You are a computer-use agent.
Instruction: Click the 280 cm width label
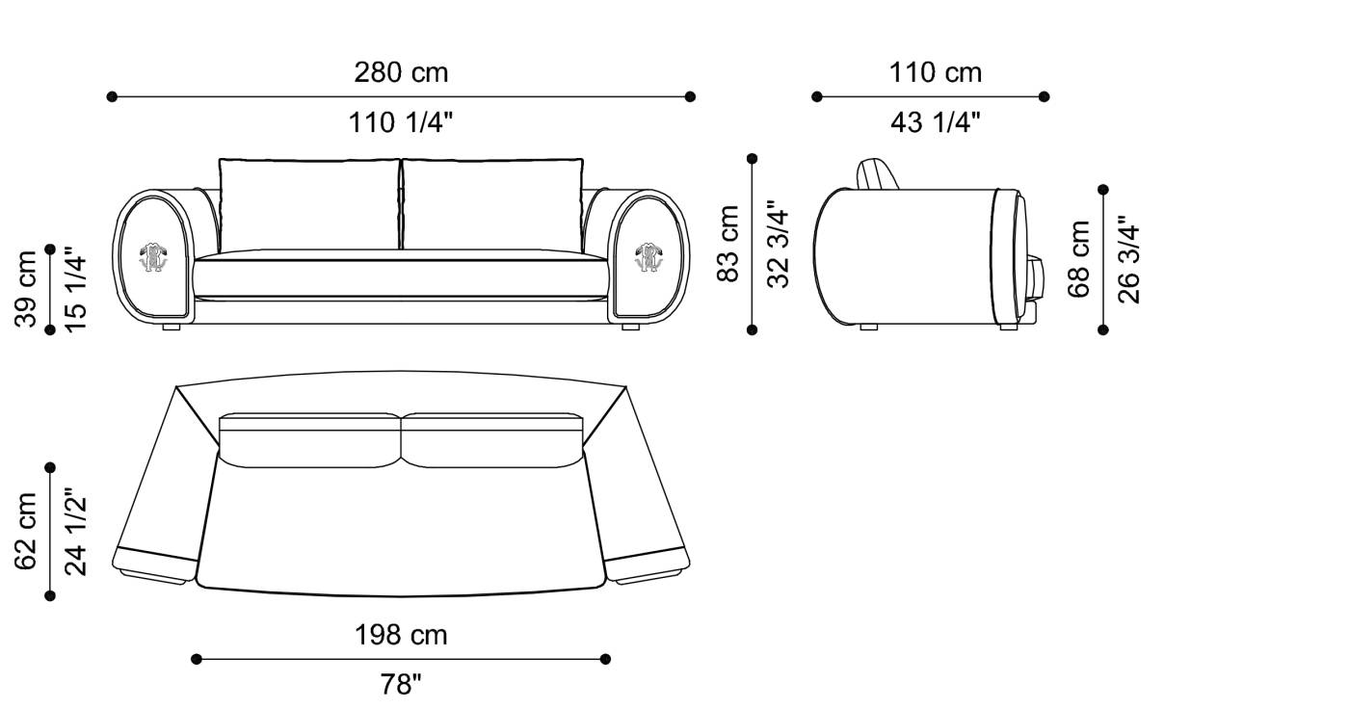[x=401, y=72]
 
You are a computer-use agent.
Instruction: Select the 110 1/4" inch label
[x=401, y=122]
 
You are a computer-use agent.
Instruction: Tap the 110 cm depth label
[x=935, y=72]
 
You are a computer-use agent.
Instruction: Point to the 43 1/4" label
[x=935, y=122]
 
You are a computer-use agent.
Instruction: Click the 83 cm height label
[x=729, y=244]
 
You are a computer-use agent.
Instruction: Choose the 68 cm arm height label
[x=1080, y=259]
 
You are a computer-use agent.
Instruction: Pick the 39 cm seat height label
[x=26, y=288]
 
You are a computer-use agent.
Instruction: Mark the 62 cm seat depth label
[x=26, y=531]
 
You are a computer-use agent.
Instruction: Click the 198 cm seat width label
[x=401, y=635]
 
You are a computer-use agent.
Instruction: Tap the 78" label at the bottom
[x=401, y=685]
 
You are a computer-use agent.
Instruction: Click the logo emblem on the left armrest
[x=152, y=255]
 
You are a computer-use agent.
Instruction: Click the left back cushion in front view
[x=309, y=205]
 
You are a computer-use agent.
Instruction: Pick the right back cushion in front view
[x=491, y=205]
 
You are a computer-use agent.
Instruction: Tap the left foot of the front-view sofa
[x=172, y=328]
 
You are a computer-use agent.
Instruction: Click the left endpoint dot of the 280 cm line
[x=112, y=96]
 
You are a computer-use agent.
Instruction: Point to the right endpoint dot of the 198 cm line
[x=605, y=659]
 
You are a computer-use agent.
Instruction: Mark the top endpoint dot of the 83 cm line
[x=753, y=159]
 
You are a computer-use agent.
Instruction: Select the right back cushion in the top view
[x=491, y=441]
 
